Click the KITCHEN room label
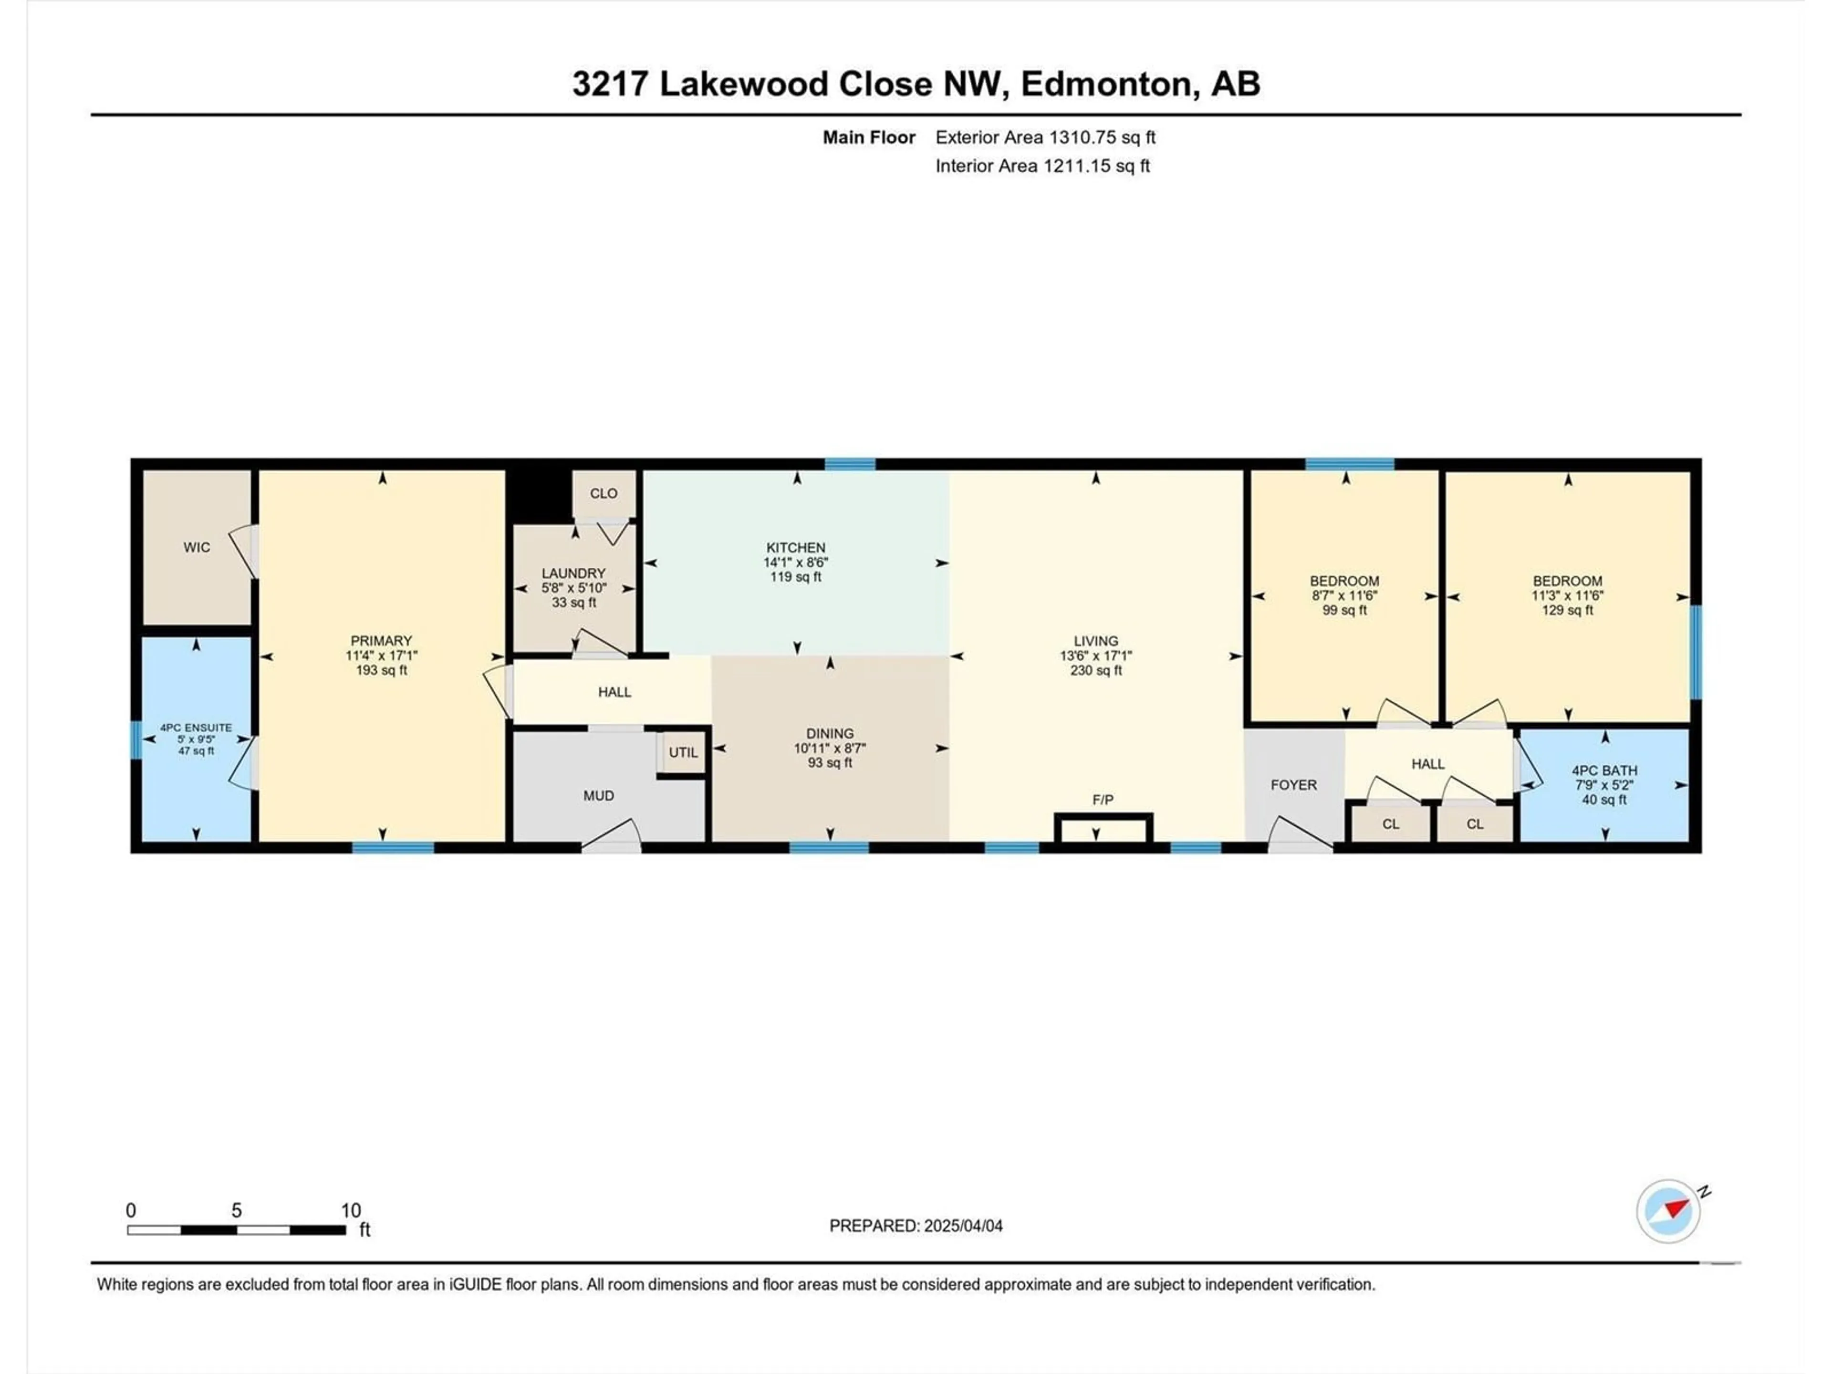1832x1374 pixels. click(795, 547)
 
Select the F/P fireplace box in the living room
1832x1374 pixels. click(1103, 828)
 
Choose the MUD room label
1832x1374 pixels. click(599, 796)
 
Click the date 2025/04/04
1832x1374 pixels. click(963, 1226)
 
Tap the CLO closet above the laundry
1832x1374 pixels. click(604, 494)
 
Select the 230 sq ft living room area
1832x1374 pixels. click(1096, 670)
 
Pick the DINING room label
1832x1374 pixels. click(830, 734)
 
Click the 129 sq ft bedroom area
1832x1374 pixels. click(1567, 610)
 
